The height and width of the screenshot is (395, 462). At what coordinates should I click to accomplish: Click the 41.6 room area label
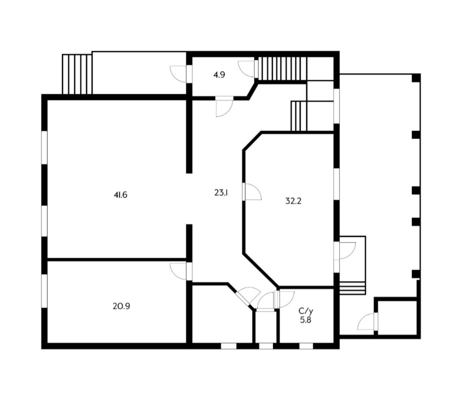point(121,195)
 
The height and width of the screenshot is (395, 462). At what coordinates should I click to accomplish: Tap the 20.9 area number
point(121,306)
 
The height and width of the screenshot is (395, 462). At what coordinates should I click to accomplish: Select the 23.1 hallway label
point(221,193)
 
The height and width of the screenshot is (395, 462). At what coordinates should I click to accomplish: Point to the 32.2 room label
point(294,201)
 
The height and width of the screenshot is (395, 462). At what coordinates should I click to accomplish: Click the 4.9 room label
point(219,75)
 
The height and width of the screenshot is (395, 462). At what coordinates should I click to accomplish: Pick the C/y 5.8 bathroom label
point(305,315)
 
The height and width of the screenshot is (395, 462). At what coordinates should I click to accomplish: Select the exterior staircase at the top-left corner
point(77,74)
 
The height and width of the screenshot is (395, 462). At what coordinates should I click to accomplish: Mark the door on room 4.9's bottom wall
point(224,106)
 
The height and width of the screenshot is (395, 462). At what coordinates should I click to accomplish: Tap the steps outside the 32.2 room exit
point(353,288)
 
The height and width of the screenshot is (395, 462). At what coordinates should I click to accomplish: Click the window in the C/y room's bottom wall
point(306,346)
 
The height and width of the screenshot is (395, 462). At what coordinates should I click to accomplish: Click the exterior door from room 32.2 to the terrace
point(345,251)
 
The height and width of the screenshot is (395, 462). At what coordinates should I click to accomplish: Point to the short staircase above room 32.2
point(299,116)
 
